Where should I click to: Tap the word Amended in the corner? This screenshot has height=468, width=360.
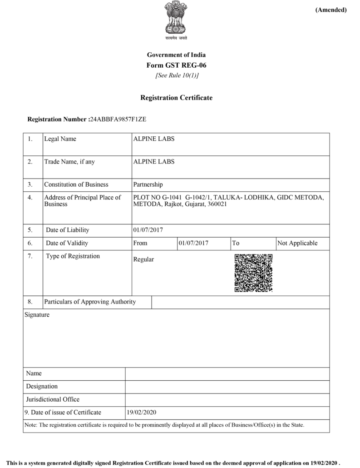[x=330, y=10]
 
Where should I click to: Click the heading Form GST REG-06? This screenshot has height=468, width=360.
[x=176, y=65]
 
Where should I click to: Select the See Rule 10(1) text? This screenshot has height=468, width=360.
[x=177, y=75]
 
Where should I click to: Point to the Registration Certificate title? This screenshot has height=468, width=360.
[x=176, y=98]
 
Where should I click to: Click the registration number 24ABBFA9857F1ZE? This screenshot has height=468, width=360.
[x=118, y=119]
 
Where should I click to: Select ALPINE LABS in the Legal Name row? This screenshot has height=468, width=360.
[x=153, y=139]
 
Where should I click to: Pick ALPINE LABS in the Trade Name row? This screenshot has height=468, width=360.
[x=153, y=162]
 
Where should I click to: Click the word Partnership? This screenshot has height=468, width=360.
[x=148, y=184]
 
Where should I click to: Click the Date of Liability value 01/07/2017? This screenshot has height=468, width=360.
[x=148, y=230]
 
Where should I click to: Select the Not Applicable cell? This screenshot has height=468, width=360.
[x=297, y=243]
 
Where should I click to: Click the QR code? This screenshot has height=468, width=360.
[x=253, y=273]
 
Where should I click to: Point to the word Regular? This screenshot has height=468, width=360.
[x=143, y=259]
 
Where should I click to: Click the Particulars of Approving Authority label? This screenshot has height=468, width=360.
[x=90, y=302]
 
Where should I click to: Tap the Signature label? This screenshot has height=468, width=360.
[x=37, y=314]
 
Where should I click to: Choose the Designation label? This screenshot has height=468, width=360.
[x=42, y=386]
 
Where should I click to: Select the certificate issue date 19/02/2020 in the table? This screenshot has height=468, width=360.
[x=142, y=413]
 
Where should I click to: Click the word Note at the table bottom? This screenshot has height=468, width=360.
[x=30, y=425]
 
